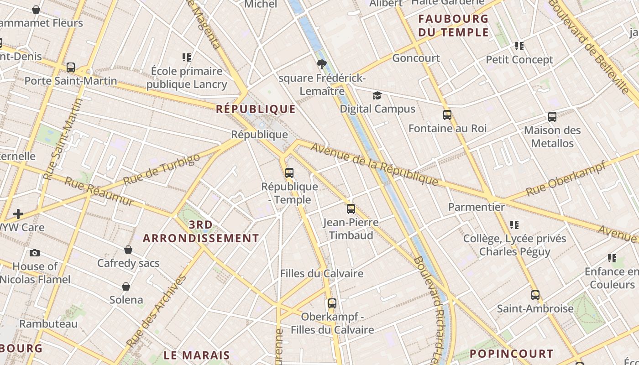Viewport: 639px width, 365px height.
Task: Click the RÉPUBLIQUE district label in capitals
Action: [x=256, y=109]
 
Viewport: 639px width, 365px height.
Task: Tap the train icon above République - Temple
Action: [x=289, y=173]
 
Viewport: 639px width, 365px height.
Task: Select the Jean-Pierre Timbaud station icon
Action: [x=351, y=209]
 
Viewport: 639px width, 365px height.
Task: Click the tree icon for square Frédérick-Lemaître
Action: [x=322, y=64]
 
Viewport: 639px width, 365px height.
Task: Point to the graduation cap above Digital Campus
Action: [x=377, y=95]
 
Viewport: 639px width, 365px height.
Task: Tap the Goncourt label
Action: [x=416, y=58]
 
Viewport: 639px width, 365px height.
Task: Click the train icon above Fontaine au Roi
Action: [x=447, y=115]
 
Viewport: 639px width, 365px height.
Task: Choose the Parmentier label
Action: [x=476, y=207]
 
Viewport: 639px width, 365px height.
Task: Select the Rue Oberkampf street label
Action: [x=566, y=178]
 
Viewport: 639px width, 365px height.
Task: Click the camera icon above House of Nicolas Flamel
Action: [x=34, y=253]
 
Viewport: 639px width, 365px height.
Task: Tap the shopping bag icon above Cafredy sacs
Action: [x=128, y=250]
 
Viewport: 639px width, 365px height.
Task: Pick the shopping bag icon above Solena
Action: [x=126, y=287]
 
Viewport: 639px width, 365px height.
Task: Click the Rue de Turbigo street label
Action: [x=162, y=169]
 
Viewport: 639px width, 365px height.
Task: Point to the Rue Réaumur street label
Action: [x=99, y=192]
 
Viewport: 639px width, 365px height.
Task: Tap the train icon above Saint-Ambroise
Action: [x=535, y=295]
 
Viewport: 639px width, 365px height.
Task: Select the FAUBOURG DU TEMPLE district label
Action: [x=453, y=26]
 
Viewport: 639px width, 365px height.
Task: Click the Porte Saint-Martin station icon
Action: [x=70, y=68]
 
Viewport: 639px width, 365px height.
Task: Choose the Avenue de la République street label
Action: [x=374, y=164]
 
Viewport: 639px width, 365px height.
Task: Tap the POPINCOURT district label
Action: [x=511, y=354]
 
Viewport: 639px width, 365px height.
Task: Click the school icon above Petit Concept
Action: [x=519, y=46]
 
